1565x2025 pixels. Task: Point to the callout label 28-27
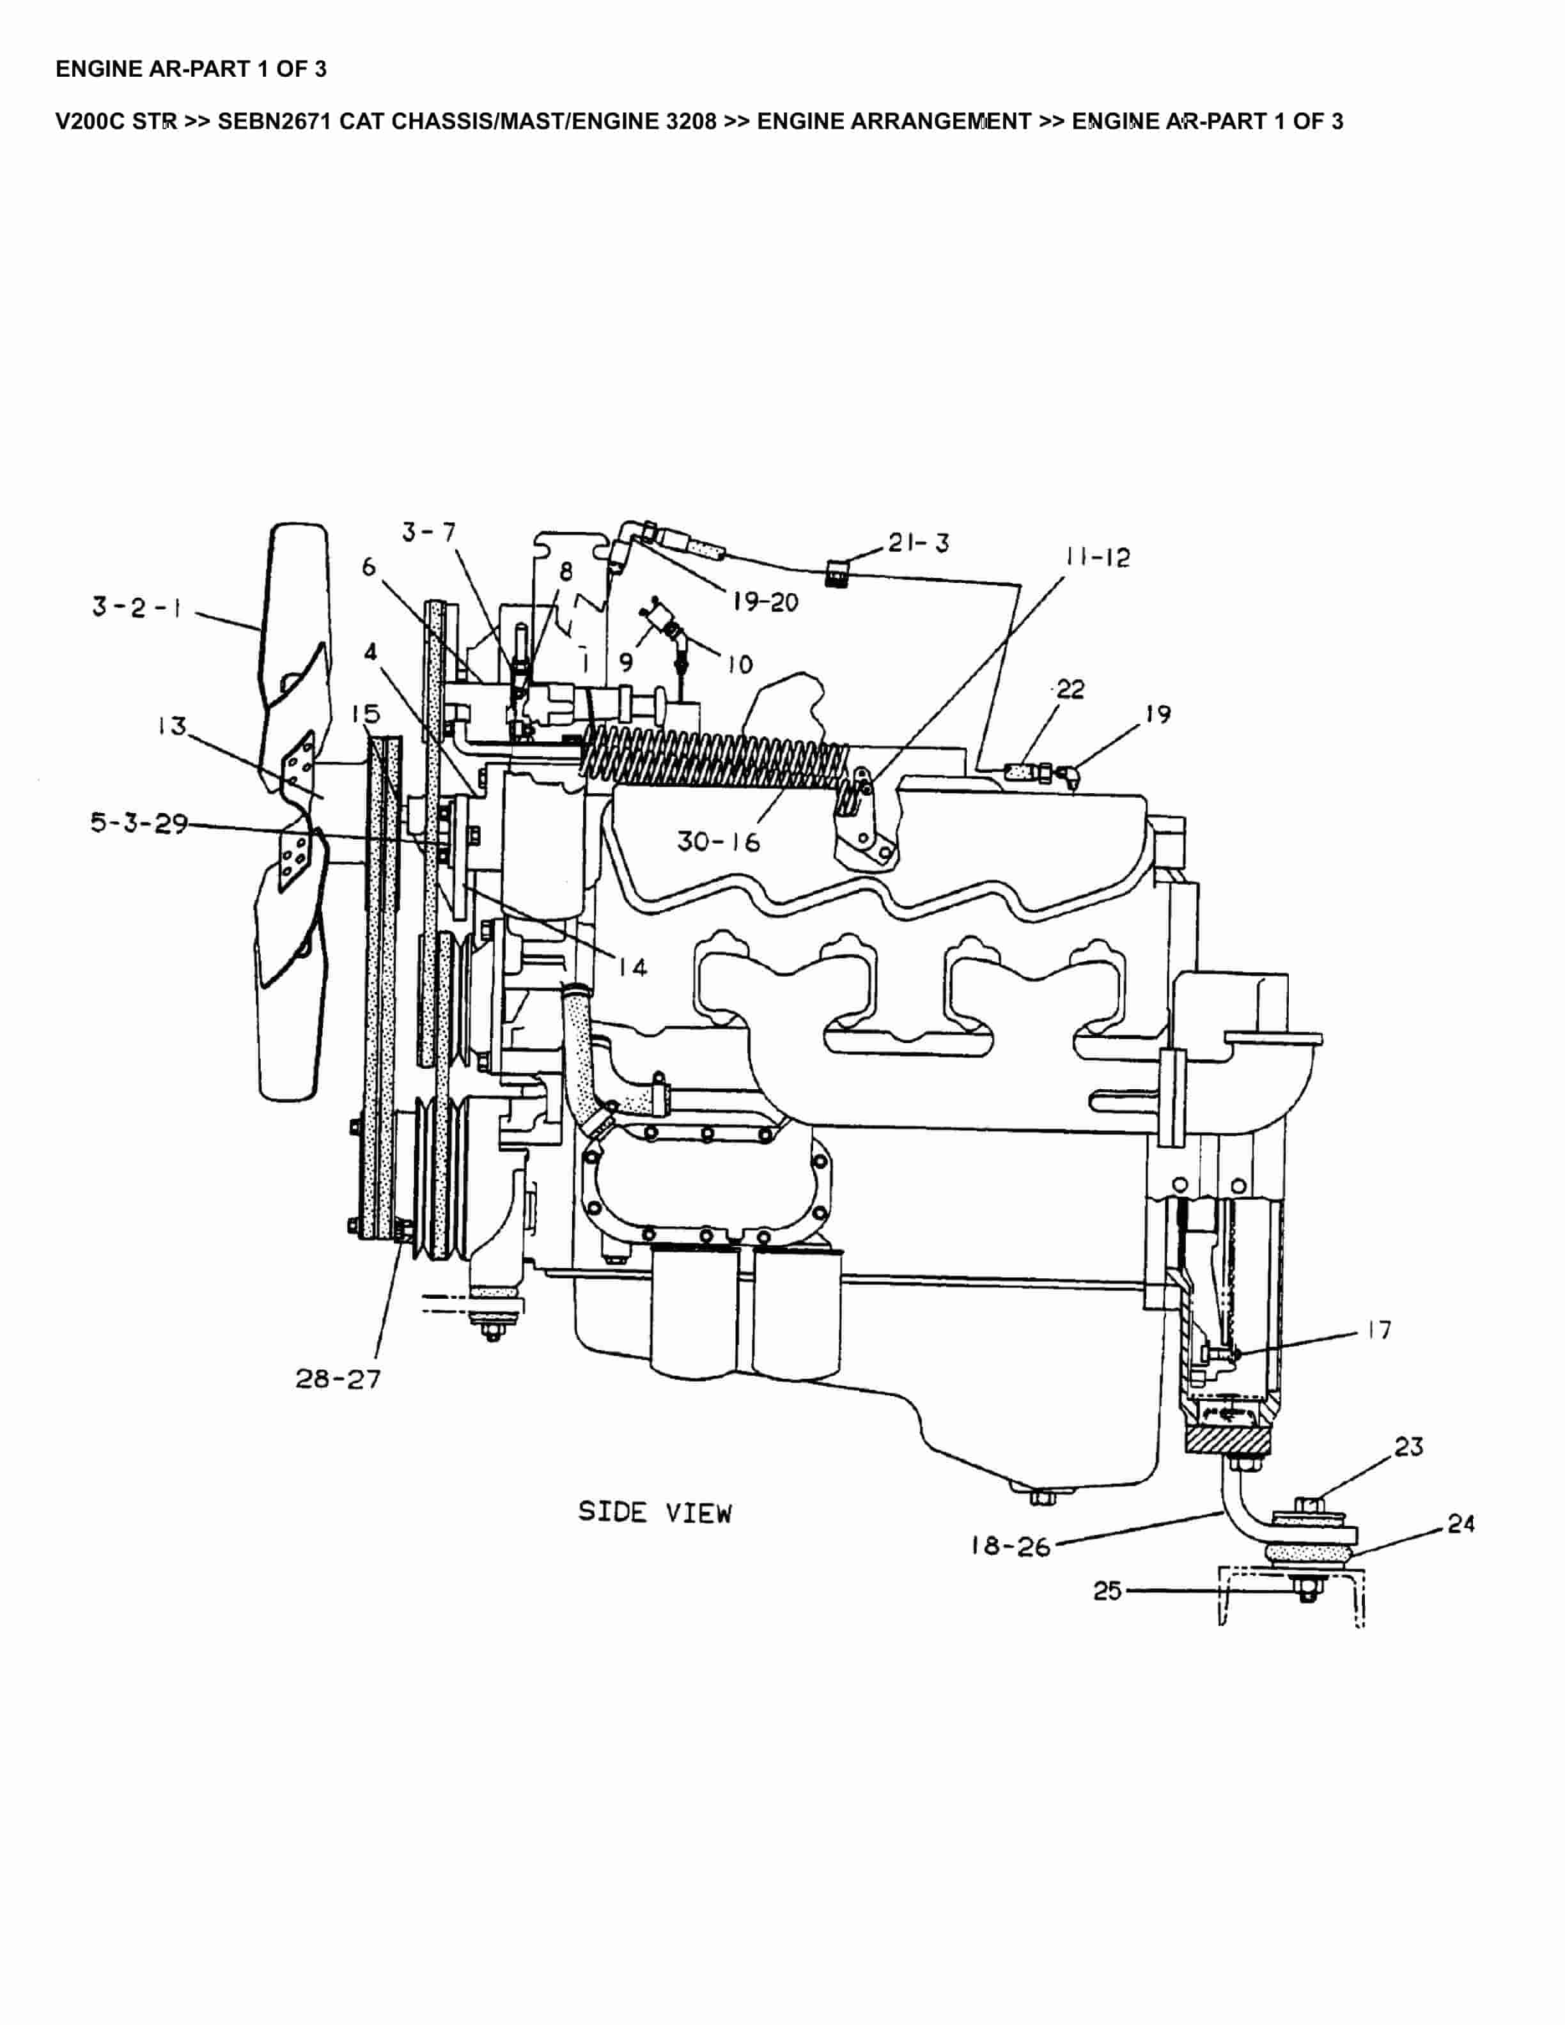tap(338, 1379)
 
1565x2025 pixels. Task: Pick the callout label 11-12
tap(1098, 557)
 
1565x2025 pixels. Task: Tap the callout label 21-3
tap(918, 543)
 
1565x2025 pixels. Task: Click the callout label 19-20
tap(765, 603)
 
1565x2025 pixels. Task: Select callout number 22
tap(1070, 689)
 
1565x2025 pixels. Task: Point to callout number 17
tap(1380, 1331)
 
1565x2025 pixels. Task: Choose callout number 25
tap(1108, 1591)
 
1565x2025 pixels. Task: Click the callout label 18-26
tap(1011, 1547)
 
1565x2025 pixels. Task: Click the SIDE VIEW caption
tap(655, 1513)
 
